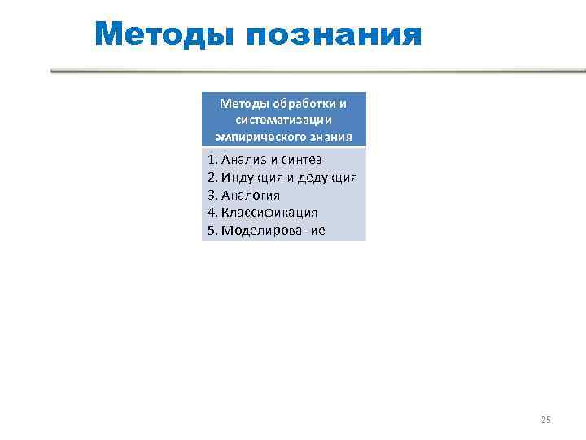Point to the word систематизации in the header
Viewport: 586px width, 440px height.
pyautogui.click(x=284, y=119)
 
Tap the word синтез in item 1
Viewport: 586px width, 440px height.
pyautogui.click(x=303, y=160)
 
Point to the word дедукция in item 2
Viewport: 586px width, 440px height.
pyautogui.click(x=327, y=178)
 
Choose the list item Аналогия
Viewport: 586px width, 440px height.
pyautogui.click(x=251, y=195)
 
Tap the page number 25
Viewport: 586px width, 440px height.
pyautogui.click(x=545, y=420)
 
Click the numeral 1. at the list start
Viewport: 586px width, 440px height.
pyautogui.click(x=212, y=160)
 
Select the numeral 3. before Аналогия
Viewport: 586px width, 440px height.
pyautogui.click(x=212, y=195)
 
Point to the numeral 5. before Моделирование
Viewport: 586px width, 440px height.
pyautogui.click(x=212, y=230)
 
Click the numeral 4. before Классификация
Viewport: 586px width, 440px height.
pyautogui.click(x=212, y=213)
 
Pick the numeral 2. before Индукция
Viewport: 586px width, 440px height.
pyautogui.click(x=212, y=178)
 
